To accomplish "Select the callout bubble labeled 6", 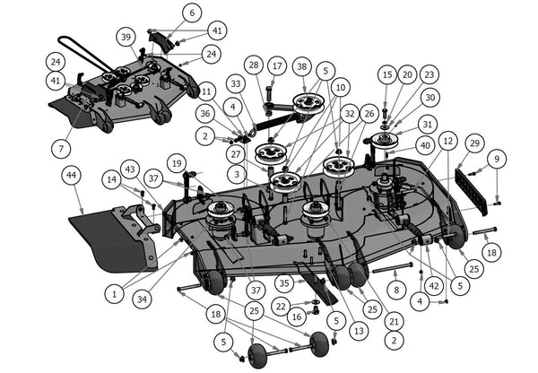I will pos(191,13).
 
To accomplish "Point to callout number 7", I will pos(61,146).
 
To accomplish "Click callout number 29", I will pos(474,143).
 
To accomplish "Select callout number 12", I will pos(448,141).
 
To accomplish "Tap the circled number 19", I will pos(177,164).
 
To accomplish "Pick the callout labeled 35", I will pos(283,283).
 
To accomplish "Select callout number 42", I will pos(434,287).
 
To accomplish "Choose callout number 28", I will pos(254,65).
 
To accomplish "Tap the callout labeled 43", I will pos(131,169).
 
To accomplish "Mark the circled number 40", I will pos(424,144).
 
